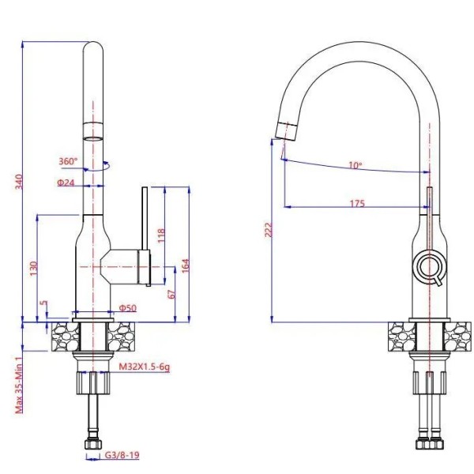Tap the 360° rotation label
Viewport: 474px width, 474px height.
click(x=68, y=161)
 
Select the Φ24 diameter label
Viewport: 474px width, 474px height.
click(x=66, y=183)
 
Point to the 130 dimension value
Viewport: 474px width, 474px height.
click(x=33, y=269)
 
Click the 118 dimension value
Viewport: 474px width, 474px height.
click(x=161, y=235)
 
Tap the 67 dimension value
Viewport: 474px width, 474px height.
click(x=171, y=295)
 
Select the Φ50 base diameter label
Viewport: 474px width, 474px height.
click(x=127, y=307)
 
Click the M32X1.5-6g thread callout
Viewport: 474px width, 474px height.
click(x=145, y=367)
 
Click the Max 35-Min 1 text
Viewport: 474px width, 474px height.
click(x=17, y=382)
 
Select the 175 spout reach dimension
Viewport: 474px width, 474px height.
click(x=356, y=204)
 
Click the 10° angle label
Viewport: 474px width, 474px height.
click(x=355, y=166)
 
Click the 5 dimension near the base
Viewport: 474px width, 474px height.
click(x=44, y=304)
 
